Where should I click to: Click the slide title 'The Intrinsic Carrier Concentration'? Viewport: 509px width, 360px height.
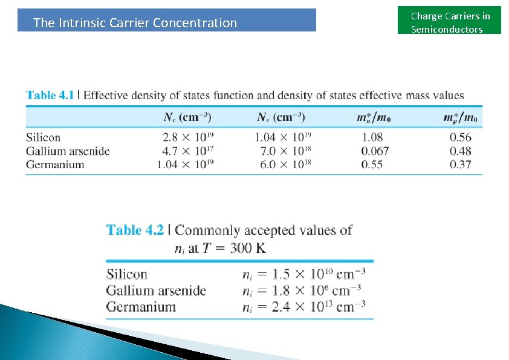pyautogui.click(x=135, y=23)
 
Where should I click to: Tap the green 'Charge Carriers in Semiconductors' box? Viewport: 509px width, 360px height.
pyautogui.click(x=450, y=22)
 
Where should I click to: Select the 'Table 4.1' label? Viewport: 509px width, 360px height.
pyautogui.click(x=50, y=95)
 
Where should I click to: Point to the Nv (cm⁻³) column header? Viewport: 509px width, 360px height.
pyautogui.click(x=281, y=117)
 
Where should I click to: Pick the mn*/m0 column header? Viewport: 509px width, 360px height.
pyautogui.click(x=374, y=117)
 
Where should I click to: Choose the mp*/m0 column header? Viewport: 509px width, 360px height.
pyautogui.click(x=460, y=117)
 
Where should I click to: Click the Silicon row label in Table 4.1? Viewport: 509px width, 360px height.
pyautogui.click(x=44, y=137)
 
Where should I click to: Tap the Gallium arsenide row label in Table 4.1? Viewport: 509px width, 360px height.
pyautogui.click(x=68, y=151)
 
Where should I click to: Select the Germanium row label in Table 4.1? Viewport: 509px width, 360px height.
pyautogui.click(x=55, y=164)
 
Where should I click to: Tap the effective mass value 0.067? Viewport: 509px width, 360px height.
pyautogui.click(x=375, y=151)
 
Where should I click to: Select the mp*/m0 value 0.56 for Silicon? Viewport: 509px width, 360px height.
pyautogui.click(x=461, y=137)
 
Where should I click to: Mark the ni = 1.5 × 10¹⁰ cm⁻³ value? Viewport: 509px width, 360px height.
pyautogui.click(x=303, y=274)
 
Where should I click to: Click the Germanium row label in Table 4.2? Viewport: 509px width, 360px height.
pyautogui.click(x=141, y=306)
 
